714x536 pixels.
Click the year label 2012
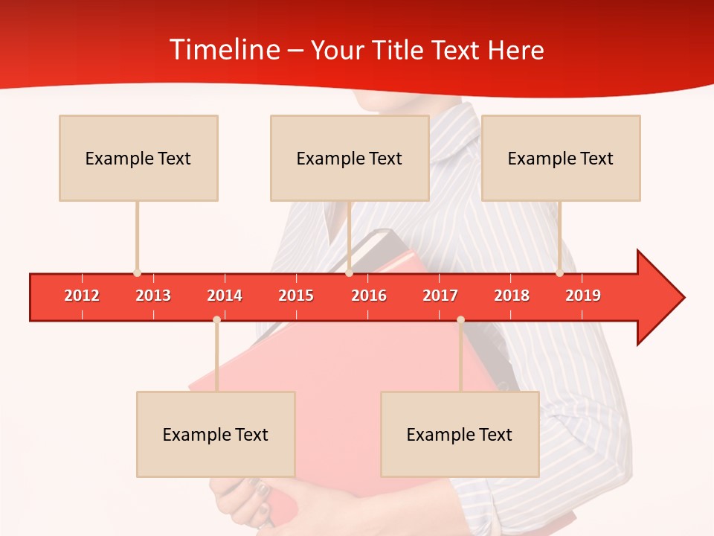(82, 296)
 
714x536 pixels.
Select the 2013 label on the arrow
(153, 296)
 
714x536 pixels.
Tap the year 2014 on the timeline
(225, 296)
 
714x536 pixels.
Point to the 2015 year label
(296, 296)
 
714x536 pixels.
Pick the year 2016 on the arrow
(369, 296)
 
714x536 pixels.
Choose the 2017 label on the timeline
(440, 296)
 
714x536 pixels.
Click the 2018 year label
(512, 296)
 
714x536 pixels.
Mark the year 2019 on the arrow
(583, 296)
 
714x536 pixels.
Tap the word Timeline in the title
(223, 50)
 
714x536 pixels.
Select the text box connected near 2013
(138, 158)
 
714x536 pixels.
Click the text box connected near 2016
(350, 158)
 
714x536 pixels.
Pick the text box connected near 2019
(561, 158)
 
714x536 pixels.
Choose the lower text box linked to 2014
(216, 434)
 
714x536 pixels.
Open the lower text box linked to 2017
(460, 434)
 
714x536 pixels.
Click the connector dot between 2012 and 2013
(137, 273)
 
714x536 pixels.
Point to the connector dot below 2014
(216, 319)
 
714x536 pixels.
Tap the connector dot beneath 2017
(460, 319)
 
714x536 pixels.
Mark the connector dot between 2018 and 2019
(559, 273)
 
